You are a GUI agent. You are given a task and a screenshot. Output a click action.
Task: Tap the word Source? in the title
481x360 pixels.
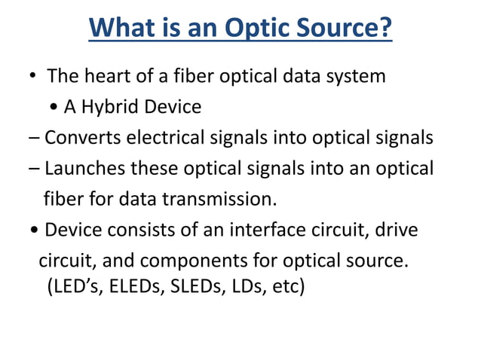coord(346,29)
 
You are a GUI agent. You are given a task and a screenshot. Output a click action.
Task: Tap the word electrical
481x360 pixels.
coord(173,138)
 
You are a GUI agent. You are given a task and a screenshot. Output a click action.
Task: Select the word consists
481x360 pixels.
coord(133,230)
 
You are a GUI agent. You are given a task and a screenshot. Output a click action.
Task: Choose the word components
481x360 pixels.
coord(188,261)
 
